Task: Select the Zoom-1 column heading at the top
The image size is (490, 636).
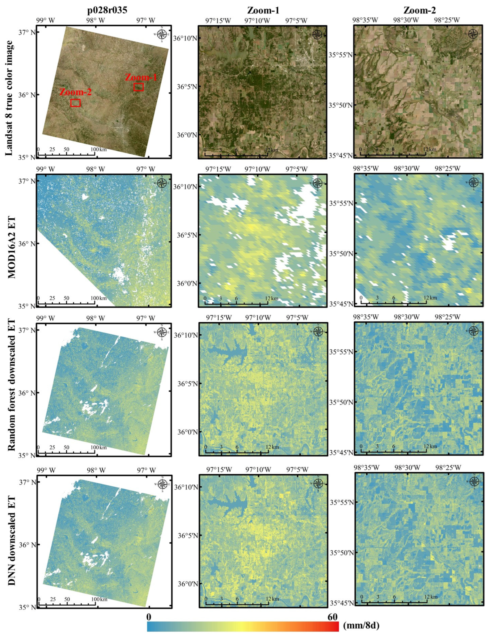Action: pos(263,10)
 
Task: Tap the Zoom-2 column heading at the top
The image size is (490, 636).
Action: pos(419,10)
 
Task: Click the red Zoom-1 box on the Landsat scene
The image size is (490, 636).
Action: pos(139,87)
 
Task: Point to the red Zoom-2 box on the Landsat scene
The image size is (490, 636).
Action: pos(75,103)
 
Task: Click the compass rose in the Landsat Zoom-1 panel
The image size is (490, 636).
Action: pos(317,35)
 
